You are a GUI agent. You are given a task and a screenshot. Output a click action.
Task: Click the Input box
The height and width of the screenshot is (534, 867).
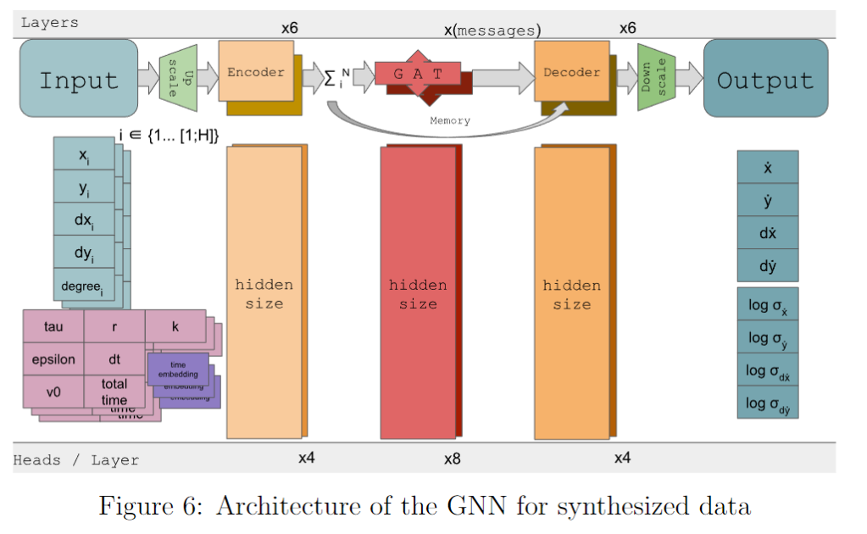coord(78,81)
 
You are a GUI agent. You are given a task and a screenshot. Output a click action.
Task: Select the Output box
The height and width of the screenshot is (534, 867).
coord(765,81)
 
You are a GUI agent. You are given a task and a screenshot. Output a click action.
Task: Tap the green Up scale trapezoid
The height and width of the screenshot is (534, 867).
coord(178,78)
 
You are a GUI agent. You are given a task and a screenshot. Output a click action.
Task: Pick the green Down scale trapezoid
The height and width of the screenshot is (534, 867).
coord(656,78)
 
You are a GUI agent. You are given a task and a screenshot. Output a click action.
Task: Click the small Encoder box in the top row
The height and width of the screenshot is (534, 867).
coord(255,72)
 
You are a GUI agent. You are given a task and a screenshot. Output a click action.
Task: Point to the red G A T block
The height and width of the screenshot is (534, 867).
coord(418,74)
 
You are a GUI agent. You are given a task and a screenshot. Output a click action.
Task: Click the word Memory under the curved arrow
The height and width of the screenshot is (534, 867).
coord(450,120)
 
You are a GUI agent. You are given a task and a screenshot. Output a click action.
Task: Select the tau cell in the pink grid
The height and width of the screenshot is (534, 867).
coord(53,326)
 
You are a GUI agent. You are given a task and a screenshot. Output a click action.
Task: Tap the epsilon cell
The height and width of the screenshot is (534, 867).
coord(53,359)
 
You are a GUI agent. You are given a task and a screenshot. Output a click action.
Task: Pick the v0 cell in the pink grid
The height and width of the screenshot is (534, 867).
coord(53,392)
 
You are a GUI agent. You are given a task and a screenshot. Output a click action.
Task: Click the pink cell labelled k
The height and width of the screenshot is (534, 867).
coord(175,326)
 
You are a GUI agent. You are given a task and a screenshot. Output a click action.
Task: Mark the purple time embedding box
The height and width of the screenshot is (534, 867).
coord(178,369)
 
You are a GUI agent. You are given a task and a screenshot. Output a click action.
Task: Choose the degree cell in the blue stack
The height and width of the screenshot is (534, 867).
coord(83,286)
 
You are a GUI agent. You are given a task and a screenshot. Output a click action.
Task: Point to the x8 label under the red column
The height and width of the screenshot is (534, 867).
coord(452,459)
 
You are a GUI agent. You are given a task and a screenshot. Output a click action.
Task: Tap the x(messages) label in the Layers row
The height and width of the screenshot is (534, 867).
coord(492,30)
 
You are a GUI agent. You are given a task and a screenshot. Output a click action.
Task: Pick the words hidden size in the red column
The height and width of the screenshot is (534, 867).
coord(418,294)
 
